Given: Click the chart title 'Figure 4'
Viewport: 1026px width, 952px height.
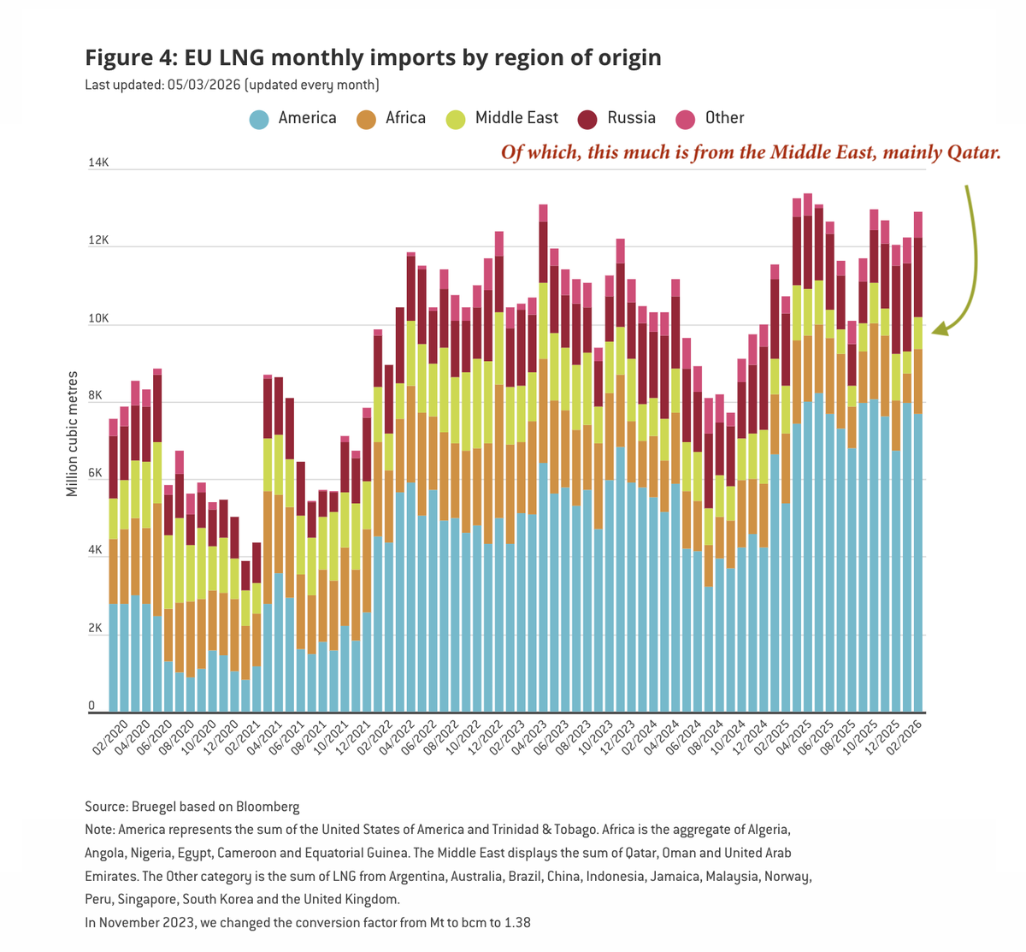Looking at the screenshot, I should (x=373, y=57).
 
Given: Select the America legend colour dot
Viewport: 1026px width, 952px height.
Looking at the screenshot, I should (x=260, y=119).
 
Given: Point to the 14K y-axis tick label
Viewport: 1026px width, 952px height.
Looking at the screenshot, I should (x=97, y=163).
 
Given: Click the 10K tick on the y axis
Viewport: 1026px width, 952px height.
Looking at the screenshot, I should (x=97, y=318).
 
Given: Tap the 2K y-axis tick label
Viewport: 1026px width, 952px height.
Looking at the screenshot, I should (x=97, y=628).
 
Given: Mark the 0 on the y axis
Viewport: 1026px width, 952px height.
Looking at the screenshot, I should (x=91, y=706).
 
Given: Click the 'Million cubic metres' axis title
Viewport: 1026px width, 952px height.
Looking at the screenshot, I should (x=73, y=433).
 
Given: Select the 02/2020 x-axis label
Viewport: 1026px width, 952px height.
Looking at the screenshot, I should (x=110, y=738).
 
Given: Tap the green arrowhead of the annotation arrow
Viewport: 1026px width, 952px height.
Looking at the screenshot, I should (x=940, y=328).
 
